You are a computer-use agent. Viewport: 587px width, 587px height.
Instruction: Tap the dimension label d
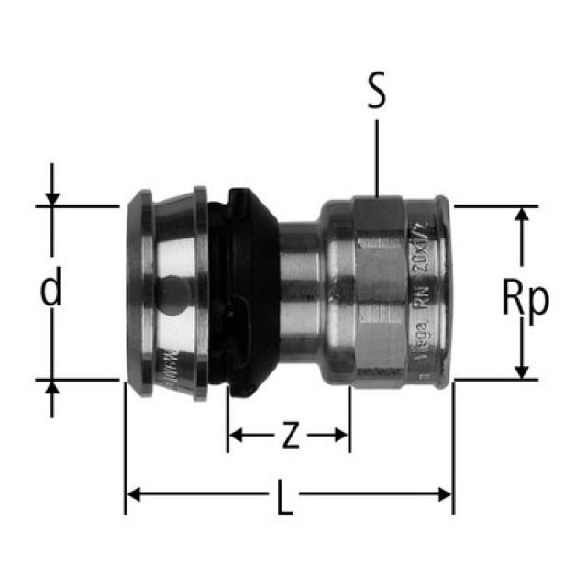(x=52, y=291)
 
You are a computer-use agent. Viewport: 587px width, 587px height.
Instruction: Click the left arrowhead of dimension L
(x=132, y=495)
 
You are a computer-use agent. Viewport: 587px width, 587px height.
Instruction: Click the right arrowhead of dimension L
(x=446, y=495)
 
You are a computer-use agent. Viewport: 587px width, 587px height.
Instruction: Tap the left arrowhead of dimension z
(x=235, y=435)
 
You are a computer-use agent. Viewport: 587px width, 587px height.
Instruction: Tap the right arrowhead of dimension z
(x=342, y=435)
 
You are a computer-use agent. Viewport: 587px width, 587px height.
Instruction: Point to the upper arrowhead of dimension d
(x=52, y=198)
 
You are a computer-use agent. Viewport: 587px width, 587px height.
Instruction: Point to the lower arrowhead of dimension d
(x=52, y=385)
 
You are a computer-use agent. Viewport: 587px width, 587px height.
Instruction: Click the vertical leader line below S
(x=376, y=156)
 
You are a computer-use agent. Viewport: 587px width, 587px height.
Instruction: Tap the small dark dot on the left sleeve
(x=169, y=292)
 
